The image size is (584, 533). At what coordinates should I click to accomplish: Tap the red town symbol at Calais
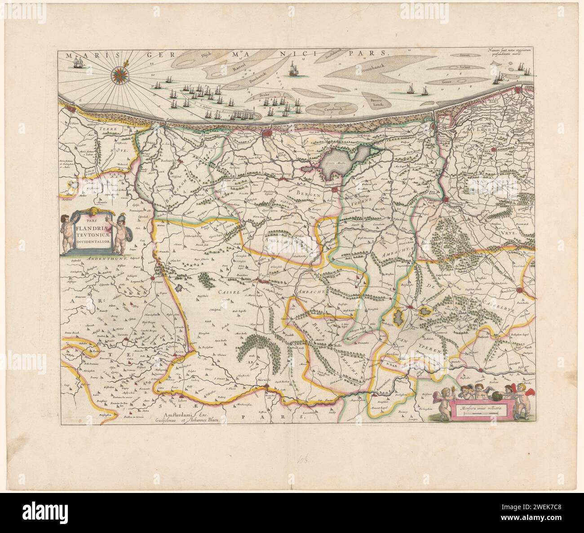(x=70, y=108)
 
